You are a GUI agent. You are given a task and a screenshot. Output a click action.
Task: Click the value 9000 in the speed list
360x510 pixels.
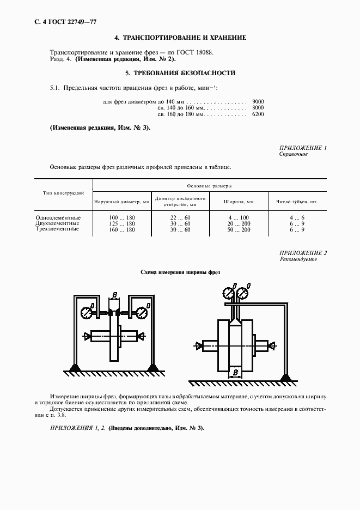[x=258, y=102]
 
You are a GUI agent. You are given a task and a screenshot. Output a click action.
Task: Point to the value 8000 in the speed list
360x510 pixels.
[x=258, y=108]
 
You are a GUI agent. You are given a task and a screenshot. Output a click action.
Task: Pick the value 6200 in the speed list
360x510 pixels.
[x=258, y=115]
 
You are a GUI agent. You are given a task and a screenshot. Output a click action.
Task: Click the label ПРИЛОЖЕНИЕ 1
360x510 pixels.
[x=303, y=148]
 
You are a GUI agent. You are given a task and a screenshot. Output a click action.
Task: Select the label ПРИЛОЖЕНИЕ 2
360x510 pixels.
[x=303, y=253]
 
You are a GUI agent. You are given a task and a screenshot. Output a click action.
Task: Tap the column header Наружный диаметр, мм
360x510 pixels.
[x=121, y=202]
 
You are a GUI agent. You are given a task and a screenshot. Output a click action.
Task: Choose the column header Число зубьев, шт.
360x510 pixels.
[x=297, y=202]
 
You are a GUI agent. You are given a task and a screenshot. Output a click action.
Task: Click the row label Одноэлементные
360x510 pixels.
[x=57, y=217]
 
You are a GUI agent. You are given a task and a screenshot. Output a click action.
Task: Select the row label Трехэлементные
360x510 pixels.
[x=57, y=229]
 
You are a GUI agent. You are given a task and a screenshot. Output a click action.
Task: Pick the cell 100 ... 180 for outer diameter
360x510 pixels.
[x=121, y=217]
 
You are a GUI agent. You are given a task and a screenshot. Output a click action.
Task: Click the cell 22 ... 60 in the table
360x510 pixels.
[x=180, y=217]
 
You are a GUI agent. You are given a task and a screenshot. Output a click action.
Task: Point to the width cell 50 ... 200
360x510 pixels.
[x=239, y=229]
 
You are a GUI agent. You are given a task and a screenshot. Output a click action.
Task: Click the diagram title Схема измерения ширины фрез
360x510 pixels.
[x=180, y=272]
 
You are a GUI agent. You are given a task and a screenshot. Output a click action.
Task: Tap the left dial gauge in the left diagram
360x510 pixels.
[x=87, y=313]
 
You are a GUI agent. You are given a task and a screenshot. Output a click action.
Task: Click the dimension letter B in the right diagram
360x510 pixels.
[x=234, y=373]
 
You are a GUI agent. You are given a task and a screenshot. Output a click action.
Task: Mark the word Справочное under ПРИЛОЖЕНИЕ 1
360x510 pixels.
[x=294, y=154]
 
